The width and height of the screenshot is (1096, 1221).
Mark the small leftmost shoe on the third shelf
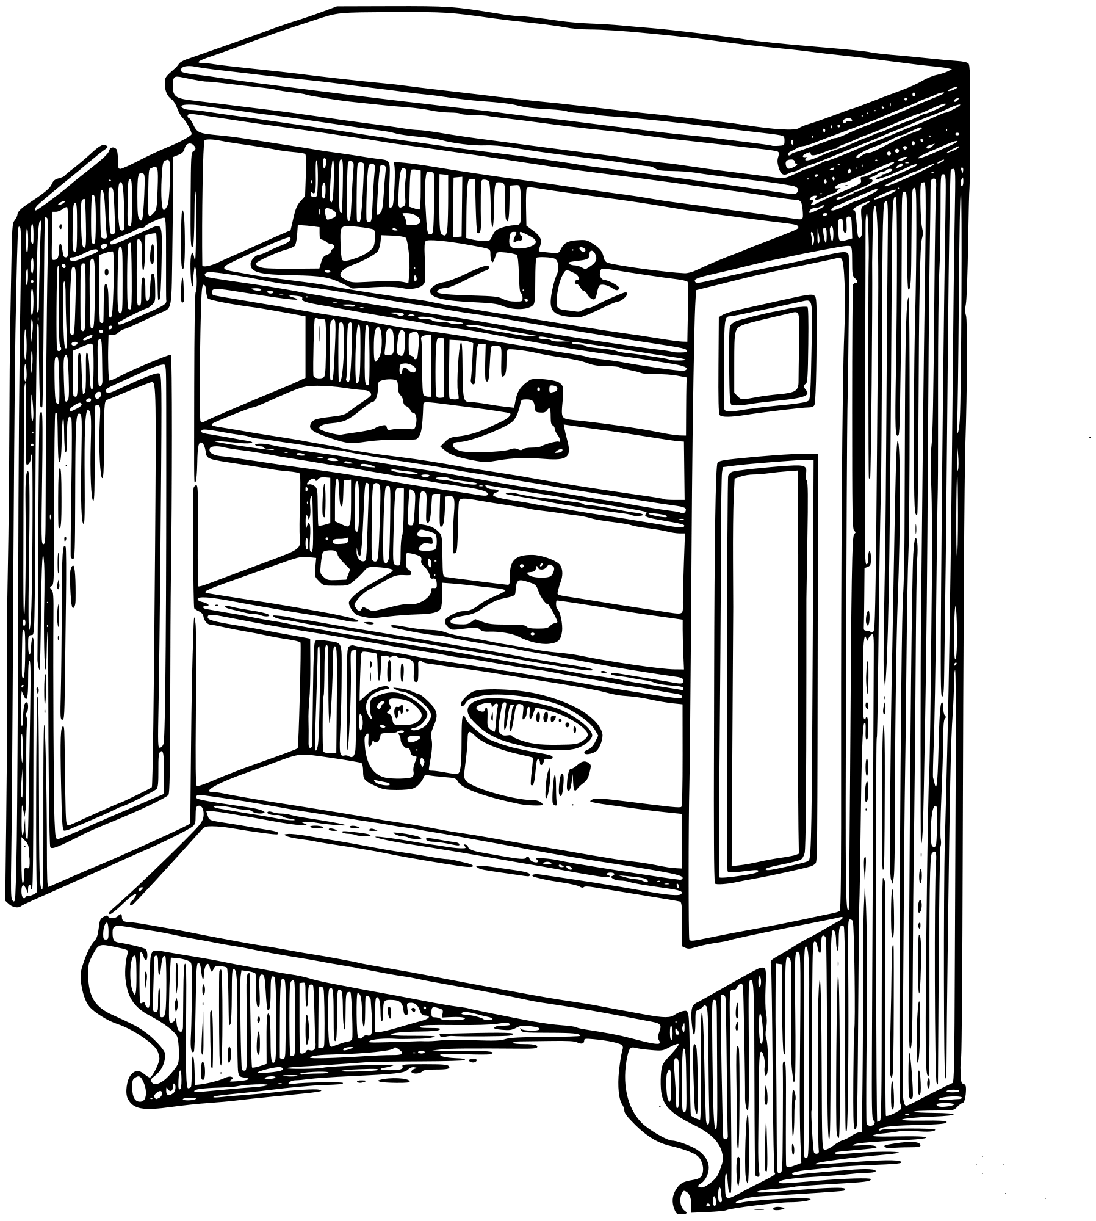coord(333,559)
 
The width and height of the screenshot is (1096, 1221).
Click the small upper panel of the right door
coord(766,354)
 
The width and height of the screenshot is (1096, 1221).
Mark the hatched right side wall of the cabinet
coord(909,610)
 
